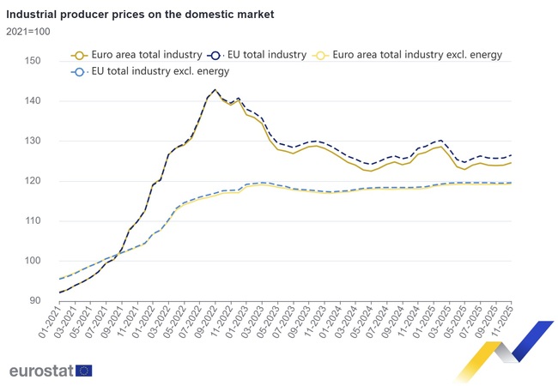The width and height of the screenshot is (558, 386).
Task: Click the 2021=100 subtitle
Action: pos(28,32)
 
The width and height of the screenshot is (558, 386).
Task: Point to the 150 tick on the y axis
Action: pos(33,61)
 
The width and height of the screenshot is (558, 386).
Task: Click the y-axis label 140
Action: pos(33,101)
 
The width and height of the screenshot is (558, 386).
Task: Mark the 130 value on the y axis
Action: pos(33,141)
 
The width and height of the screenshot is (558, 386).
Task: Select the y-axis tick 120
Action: pos(33,181)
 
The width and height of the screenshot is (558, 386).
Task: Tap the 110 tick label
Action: pos(33,221)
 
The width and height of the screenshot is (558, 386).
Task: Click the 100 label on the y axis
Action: pos(33,261)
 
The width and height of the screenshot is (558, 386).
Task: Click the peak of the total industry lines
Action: pos(215,89)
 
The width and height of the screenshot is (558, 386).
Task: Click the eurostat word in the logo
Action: pos(40,371)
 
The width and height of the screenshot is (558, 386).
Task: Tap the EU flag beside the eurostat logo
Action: pos(84,371)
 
